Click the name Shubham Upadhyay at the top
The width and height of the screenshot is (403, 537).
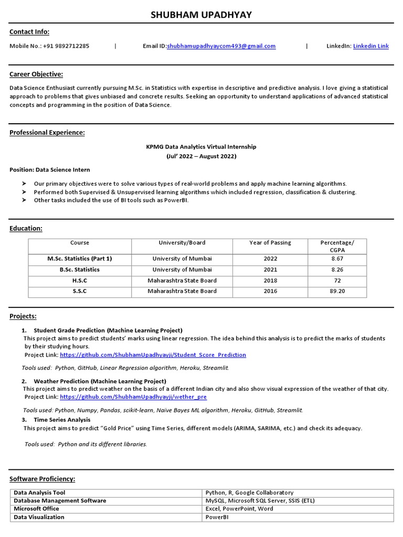tap(201, 15)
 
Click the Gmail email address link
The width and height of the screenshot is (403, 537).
tap(221, 46)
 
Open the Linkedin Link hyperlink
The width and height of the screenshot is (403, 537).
tap(370, 46)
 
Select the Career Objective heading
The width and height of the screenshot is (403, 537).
tap(36, 74)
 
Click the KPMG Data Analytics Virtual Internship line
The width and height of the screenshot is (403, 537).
tap(201, 147)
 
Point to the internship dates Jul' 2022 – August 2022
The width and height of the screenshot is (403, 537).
tap(201, 156)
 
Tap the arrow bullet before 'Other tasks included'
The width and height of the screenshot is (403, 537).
tap(24, 200)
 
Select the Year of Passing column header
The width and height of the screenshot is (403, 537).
tap(270, 243)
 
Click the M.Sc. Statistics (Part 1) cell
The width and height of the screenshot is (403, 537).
tap(79, 259)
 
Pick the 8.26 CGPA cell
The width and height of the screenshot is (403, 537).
tap(337, 270)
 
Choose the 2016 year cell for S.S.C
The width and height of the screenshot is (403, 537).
tap(270, 291)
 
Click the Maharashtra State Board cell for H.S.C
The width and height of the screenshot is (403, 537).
tap(182, 281)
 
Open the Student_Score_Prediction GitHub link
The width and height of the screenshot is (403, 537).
tap(153, 355)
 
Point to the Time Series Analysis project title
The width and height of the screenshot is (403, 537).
tap(62, 420)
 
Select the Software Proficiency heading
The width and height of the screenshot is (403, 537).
tap(43, 479)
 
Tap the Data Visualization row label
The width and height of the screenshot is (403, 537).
tap(39, 517)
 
